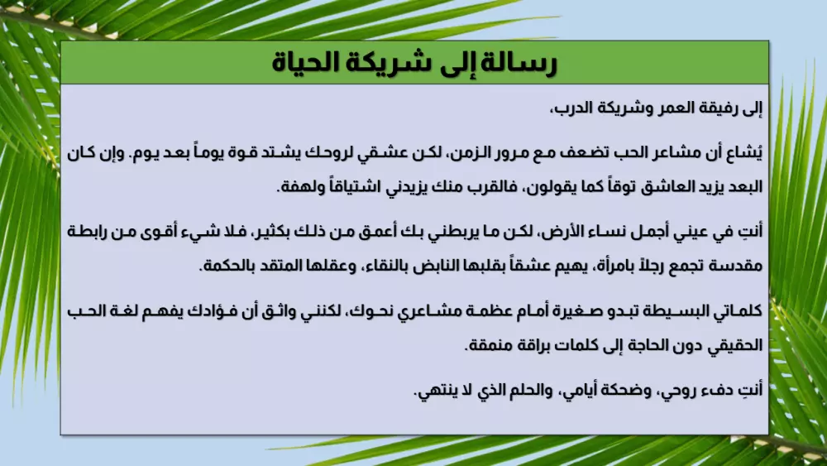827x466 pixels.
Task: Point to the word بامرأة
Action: (579, 267)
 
